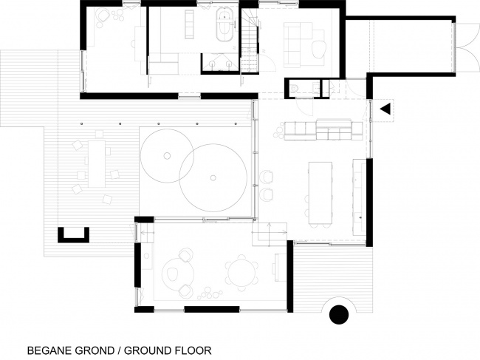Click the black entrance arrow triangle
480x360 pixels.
[x=385, y=109]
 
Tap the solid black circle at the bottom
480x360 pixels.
[x=339, y=315]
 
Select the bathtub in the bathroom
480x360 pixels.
[x=224, y=25]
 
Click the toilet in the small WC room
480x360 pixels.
[x=294, y=87]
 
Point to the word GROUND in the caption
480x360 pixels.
[x=147, y=350]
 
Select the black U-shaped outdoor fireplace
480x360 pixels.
[x=73, y=235]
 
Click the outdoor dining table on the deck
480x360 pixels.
[x=97, y=164]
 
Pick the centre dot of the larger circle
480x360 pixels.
[x=213, y=177]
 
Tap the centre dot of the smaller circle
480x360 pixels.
[x=167, y=156]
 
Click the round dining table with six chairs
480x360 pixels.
[x=241, y=273]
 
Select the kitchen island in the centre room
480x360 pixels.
[x=320, y=193]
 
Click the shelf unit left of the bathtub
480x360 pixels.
[x=189, y=24]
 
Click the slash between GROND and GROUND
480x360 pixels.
[x=119, y=350]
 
